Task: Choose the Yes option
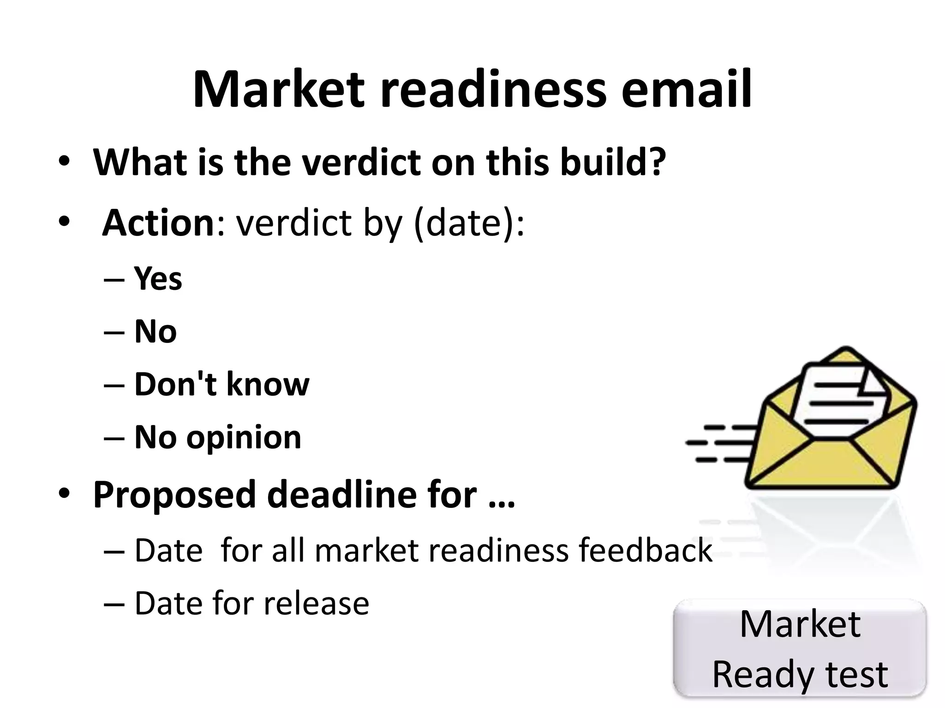tap(158, 279)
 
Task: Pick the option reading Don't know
tap(221, 384)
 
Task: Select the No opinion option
tap(218, 437)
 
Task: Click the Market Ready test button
tap(800, 648)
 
